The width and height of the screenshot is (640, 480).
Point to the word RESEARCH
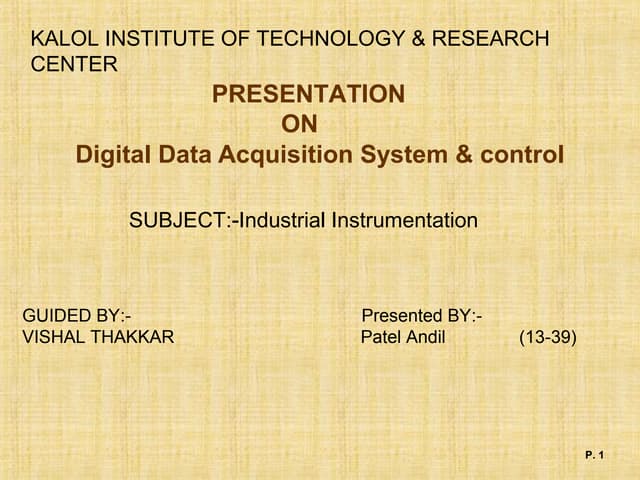pyautogui.click(x=493, y=40)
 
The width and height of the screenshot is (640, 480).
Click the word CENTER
pyautogui.click(x=74, y=65)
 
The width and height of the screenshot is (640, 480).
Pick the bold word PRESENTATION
pyautogui.click(x=309, y=95)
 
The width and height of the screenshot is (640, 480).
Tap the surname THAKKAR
pyautogui.click(x=134, y=337)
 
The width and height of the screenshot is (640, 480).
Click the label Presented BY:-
pyautogui.click(x=422, y=317)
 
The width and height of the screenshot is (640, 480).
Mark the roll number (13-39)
pyautogui.click(x=547, y=337)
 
